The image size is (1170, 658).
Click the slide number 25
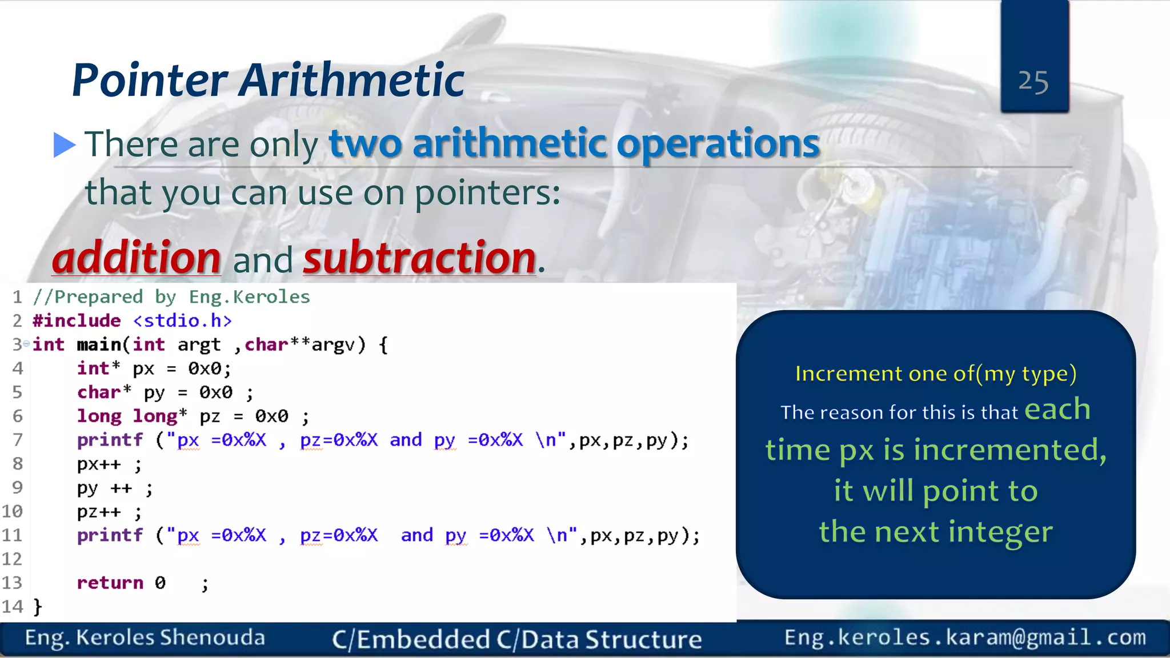coord(1033,82)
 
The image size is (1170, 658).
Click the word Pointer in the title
coord(150,80)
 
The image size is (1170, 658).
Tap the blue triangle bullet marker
coord(64,145)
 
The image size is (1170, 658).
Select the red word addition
coord(137,258)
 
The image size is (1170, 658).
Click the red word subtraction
coord(419,258)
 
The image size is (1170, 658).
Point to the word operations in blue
coord(718,144)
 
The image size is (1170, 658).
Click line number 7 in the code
coord(17,440)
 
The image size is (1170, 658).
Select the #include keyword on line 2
coord(77,320)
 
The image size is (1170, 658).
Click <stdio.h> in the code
coord(182,320)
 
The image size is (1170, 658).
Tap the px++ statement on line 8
coord(99,464)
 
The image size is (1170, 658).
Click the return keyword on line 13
coord(110,583)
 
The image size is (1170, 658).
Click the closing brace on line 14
coord(38,606)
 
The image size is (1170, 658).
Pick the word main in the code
coord(98,344)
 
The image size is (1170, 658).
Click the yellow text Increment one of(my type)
coord(936,374)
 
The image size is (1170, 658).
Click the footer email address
coord(965,637)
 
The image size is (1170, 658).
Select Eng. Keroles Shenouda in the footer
coord(145,638)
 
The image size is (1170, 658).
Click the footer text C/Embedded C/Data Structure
coord(516,639)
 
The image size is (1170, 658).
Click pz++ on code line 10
coord(99,512)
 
